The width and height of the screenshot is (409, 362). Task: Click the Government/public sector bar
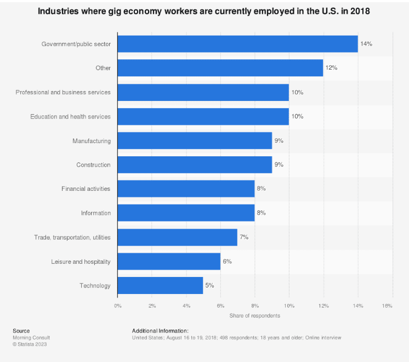237,44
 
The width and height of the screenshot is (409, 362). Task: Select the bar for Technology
160,285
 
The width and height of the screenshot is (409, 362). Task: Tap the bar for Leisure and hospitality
169,261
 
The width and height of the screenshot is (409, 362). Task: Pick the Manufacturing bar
195,140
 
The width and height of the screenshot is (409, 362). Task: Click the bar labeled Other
220,68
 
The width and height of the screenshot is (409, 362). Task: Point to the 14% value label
366,44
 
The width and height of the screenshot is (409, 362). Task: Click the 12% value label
332,68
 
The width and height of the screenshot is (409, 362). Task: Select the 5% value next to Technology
209,285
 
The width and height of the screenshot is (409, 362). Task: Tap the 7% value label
244,237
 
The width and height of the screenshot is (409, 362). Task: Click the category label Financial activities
86,189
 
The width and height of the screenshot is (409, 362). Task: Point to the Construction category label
93,165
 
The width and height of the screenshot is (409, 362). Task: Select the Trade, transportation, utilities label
72,237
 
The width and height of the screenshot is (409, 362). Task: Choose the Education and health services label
70,116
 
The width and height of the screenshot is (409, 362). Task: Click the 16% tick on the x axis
388,306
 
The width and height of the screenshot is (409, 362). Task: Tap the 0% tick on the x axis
117,306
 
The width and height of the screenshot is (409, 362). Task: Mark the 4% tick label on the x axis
186,306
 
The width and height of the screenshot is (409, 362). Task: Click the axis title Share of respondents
254,315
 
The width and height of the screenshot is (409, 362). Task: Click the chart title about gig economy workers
204,11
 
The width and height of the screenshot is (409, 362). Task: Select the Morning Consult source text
31,337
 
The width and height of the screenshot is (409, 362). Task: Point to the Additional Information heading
160,331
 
